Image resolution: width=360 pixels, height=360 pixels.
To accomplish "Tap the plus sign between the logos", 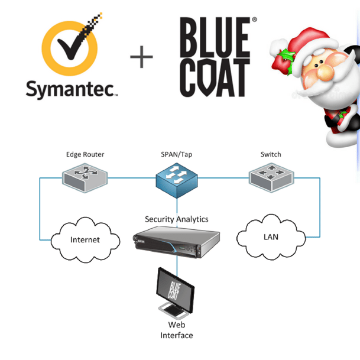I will [141, 57].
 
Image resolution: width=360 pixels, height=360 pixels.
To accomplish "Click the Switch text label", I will [271, 155].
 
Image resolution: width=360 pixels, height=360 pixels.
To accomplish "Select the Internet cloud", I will [85, 239].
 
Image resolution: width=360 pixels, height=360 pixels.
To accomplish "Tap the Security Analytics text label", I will [177, 219].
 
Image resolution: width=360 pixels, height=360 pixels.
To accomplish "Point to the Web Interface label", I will [177, 330].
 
